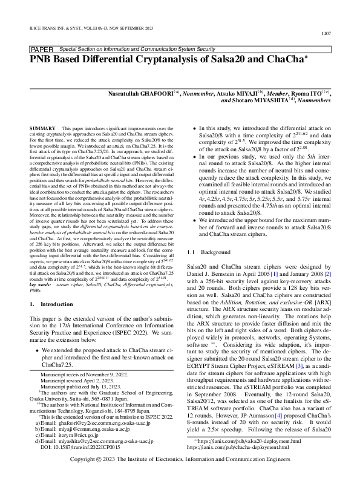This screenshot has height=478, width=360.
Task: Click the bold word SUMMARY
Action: pyautogui.click(x=43, y=129)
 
